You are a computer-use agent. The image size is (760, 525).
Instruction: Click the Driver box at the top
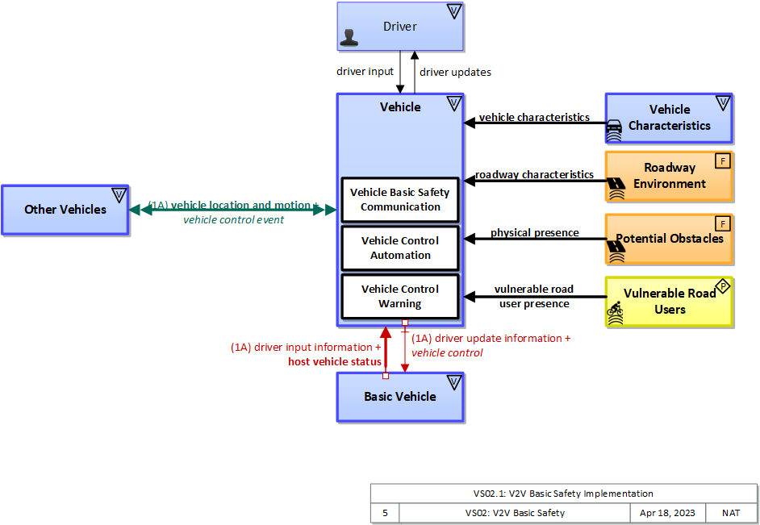point(400,27)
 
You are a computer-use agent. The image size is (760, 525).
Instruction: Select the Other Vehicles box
point(65,210)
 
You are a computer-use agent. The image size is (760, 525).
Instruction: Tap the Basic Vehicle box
point(400,397)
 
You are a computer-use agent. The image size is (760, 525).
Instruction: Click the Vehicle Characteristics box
point(669,118)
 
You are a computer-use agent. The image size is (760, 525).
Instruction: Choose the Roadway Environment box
point(669,176)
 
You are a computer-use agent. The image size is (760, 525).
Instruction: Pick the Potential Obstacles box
point(669,239)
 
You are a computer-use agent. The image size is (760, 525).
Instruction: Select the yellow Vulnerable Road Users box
point(669,302)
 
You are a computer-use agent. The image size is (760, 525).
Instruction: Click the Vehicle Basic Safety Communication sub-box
point(400,199)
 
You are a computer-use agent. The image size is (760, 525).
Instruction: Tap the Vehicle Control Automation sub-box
point(400,248)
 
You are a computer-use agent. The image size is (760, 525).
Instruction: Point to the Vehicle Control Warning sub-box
point(400,296)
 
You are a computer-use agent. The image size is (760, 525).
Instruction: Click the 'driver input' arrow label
point(365,72)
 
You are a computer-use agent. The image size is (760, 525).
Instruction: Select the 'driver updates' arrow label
point(455,73)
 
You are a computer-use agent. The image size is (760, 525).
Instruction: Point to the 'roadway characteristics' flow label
point(534,175)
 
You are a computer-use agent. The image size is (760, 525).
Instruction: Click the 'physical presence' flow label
point(534,233)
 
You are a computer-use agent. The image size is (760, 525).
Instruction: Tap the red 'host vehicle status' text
point(335,362)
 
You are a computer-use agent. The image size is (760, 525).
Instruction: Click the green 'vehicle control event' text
point(233,220)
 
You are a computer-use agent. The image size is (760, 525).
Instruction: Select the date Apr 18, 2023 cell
point(666,513)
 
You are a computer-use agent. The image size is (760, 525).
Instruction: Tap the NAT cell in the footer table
point(731,513)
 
